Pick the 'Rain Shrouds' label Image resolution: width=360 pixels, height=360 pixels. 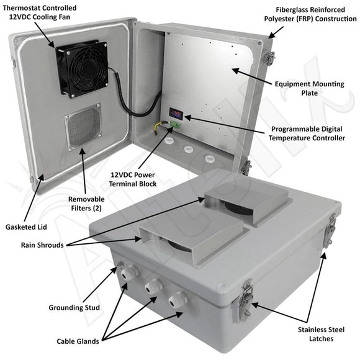(41, 245)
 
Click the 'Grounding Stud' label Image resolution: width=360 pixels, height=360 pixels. (75, 307)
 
